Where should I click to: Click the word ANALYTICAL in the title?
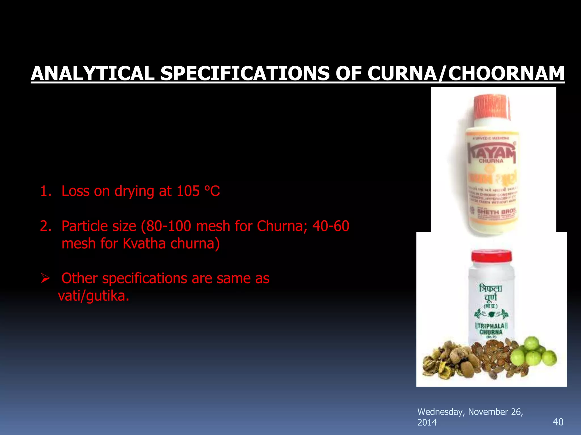click(92, 74)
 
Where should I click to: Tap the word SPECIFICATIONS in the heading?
click(245, 74)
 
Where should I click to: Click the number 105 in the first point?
click(188, 191)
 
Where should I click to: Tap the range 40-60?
click(331, 226)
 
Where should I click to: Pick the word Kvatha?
click(144, 244)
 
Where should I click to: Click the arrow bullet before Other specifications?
click(45, 278)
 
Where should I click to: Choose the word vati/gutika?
click(94, 296)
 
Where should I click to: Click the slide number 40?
click(558, 422)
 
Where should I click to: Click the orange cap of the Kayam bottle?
click(491, 106)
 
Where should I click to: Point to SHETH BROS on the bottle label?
click(496, 212)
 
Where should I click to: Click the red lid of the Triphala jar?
click(492, 256)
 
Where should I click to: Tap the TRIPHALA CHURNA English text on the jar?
click(491, 329)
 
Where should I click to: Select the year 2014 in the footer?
click(427, 423)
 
